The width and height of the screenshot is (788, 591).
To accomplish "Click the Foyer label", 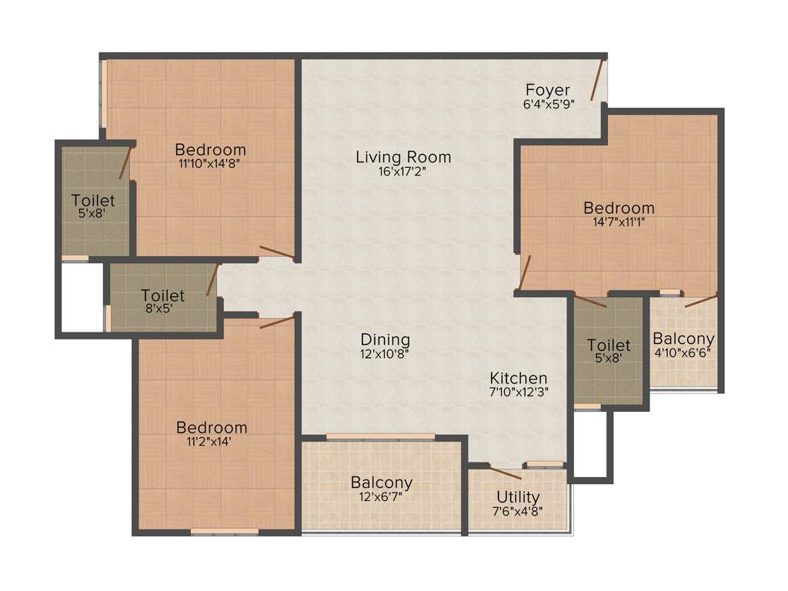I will pos(547,90).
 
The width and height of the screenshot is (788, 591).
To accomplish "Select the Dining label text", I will pos(386,339).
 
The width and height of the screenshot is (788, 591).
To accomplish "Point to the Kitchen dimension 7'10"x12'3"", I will pos(519,392).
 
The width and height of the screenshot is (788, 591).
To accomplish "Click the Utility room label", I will pos(518,496).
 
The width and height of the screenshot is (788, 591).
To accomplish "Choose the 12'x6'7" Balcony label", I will pos(382,483).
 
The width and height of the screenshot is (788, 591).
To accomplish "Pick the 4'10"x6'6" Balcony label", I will pos(683,339).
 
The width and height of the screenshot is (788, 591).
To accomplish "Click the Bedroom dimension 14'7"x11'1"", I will pos(619,222).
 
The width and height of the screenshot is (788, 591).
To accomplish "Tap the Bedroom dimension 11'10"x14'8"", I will pos(210,163).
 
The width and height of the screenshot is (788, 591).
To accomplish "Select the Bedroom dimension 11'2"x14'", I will pos(212,442).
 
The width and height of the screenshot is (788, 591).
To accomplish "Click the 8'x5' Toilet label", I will pos(162,295).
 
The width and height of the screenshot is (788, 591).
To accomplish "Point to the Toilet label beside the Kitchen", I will pos(609,346).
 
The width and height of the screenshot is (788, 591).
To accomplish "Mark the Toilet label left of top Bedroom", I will pos(93,201).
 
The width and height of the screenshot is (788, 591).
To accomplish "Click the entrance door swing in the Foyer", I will pos(599,78).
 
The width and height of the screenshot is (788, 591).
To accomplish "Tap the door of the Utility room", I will pos(505,472).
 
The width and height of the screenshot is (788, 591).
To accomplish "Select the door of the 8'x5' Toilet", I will pos(213,279).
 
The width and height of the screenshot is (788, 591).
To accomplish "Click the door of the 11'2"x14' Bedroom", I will pos(277,321).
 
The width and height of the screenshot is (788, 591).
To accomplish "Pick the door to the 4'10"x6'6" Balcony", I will pos(701,299).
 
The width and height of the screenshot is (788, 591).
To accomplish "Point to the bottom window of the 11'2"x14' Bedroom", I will pos(224,530).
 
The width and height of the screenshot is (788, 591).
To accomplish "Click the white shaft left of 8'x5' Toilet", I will pos(82,298).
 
